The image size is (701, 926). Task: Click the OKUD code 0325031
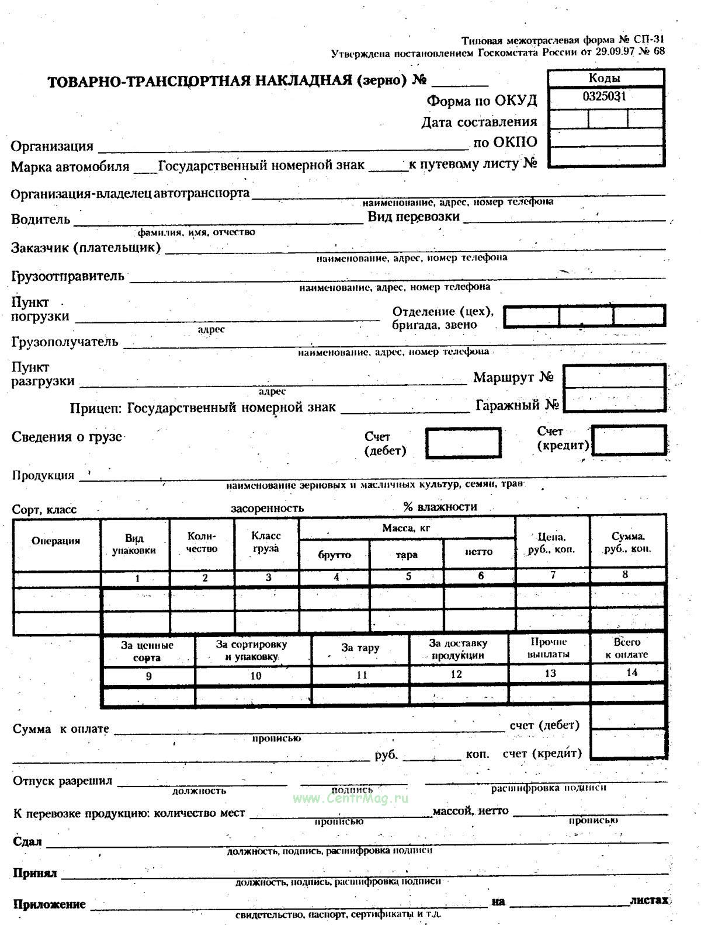coord(604,96)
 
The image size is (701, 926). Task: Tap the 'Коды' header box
coord(605,78)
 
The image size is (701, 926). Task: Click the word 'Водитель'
coord(40,220)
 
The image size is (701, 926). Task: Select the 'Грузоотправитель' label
coord(67,276)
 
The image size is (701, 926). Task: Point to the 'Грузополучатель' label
coord(64,342)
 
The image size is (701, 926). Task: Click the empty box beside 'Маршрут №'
coord(615,377)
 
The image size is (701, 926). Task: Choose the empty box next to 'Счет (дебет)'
coord(463,443)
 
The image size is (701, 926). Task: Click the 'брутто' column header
coord(334,554)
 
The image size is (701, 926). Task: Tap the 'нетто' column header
coord(479,552)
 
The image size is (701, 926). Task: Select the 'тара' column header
coord(407,555)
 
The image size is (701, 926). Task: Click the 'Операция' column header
coord(56,541)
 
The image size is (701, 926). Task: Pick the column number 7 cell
coord(553,575)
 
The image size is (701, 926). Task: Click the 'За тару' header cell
coord(360,648)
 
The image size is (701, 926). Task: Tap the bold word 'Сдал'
coord(27,841)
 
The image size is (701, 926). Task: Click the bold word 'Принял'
coord(34,873)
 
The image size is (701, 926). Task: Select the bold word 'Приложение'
coord(49,904)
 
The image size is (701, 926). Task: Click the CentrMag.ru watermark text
coord(350,798)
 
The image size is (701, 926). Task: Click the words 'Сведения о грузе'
coord(67,437)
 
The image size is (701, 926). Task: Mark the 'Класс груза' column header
coord(266,542)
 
